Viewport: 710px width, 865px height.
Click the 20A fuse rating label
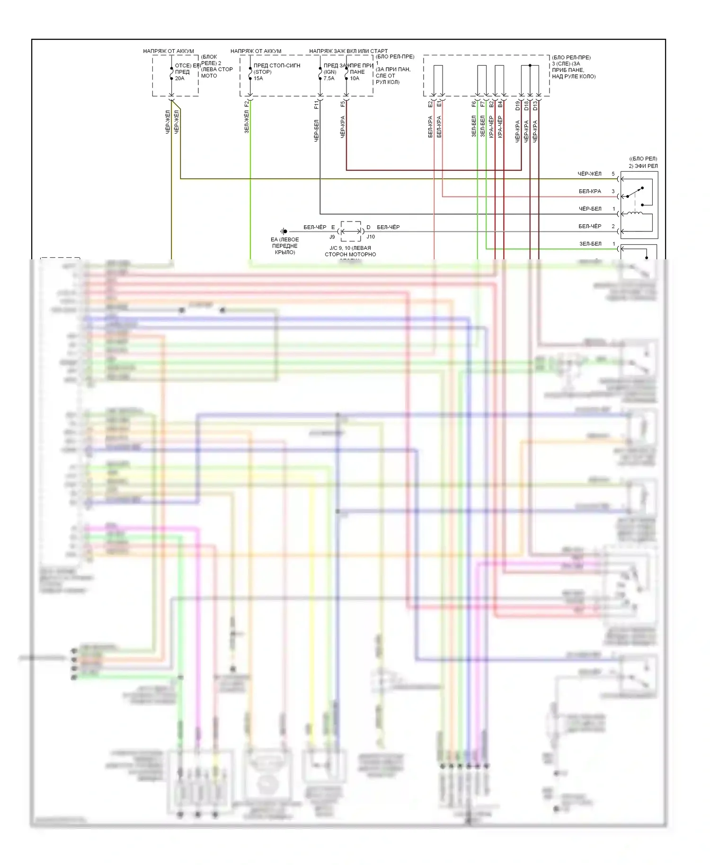click(179, 79)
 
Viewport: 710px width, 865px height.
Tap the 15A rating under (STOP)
click(258, 79)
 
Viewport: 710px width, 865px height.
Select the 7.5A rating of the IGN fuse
click(329, 79)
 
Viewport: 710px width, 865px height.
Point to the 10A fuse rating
click(355, 79)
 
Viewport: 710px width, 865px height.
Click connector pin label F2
click(246, 104)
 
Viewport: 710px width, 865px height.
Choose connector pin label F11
click(316, 104)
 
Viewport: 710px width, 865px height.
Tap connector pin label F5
click(343, 104)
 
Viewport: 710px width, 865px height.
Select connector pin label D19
click(517, 105)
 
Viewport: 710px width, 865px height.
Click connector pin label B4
click(500, 104)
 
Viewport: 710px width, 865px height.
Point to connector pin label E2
click(430, 104)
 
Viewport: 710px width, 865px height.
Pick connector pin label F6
click(474, 104)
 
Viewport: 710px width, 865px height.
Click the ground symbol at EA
click(284, 231)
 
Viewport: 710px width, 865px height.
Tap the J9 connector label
click(332, 237)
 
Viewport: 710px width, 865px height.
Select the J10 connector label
click(371, 237)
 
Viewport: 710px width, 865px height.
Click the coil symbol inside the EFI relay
click(634, 213)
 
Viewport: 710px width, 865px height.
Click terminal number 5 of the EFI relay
click(613, 174)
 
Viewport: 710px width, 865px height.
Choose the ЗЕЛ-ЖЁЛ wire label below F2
click(246, 122)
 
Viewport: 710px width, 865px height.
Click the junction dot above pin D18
click(530, 65)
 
